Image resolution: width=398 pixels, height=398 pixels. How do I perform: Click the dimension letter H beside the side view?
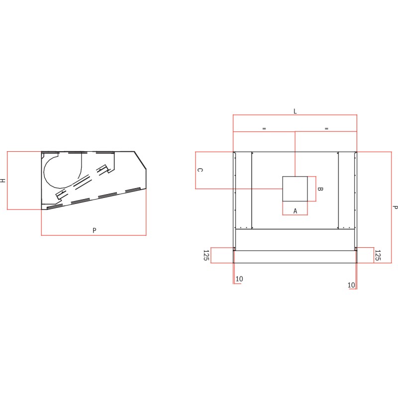3,181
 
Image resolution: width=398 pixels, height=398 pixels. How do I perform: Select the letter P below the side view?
94,230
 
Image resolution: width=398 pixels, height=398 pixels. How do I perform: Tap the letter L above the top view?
295,111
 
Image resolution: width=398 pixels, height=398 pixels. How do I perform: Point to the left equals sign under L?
264,128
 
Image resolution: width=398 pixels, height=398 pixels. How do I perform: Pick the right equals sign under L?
326,128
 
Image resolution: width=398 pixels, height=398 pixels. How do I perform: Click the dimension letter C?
200,170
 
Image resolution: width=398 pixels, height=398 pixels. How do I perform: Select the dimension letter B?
320,189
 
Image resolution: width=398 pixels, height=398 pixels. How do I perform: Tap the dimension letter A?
295,211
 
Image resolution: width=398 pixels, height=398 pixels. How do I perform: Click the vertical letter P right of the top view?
395,207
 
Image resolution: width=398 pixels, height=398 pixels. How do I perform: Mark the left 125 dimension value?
205,255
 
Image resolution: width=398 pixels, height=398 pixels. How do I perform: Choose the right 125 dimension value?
377,255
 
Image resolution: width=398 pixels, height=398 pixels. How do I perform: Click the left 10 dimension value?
239,279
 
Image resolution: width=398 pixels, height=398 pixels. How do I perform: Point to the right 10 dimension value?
351,285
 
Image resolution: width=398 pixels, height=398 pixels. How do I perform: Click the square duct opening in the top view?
295,189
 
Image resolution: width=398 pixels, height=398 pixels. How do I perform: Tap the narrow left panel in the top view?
243,189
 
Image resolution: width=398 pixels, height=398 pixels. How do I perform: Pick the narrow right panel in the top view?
346,189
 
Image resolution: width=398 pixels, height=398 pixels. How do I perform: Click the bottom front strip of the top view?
295,257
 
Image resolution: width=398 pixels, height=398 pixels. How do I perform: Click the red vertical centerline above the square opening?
296,154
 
